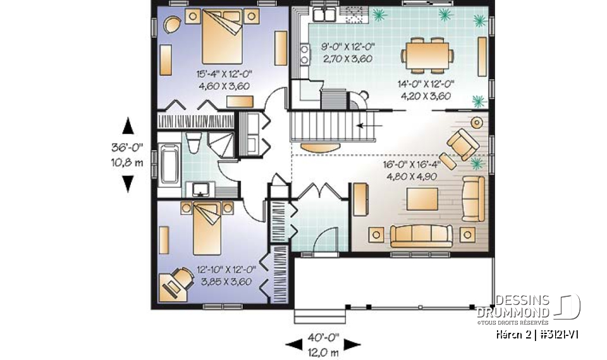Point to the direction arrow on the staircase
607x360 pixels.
(x=365, y=126)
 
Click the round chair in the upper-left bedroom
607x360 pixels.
(x=171, y=25)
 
